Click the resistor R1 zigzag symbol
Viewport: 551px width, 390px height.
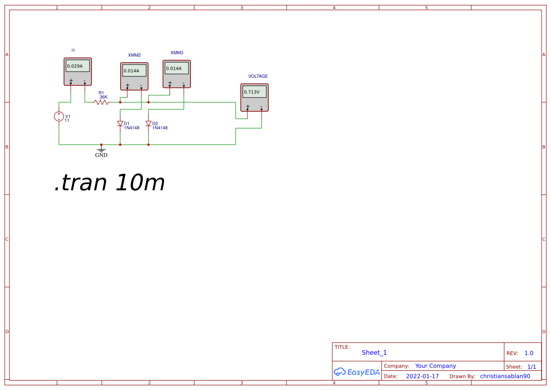101,102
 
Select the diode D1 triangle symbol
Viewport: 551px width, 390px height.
120,123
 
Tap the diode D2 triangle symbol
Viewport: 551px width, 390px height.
148,123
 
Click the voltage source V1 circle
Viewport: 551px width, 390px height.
59,116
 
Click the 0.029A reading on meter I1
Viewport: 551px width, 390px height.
75,66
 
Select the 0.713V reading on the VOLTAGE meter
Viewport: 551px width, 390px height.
252,92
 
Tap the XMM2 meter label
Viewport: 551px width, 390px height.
134,55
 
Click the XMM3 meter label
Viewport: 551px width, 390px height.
177,53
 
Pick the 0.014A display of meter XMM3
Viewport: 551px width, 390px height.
174,68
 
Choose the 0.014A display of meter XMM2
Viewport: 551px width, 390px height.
132,71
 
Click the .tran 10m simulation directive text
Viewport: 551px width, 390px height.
109,183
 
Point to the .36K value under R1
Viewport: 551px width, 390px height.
103,97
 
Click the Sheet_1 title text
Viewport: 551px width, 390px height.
374,352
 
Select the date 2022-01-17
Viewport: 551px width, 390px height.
422,376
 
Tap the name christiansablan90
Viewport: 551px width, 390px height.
505,376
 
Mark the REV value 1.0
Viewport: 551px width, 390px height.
529,353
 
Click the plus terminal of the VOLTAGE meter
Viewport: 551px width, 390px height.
247,107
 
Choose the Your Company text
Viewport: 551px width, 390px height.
436,366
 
